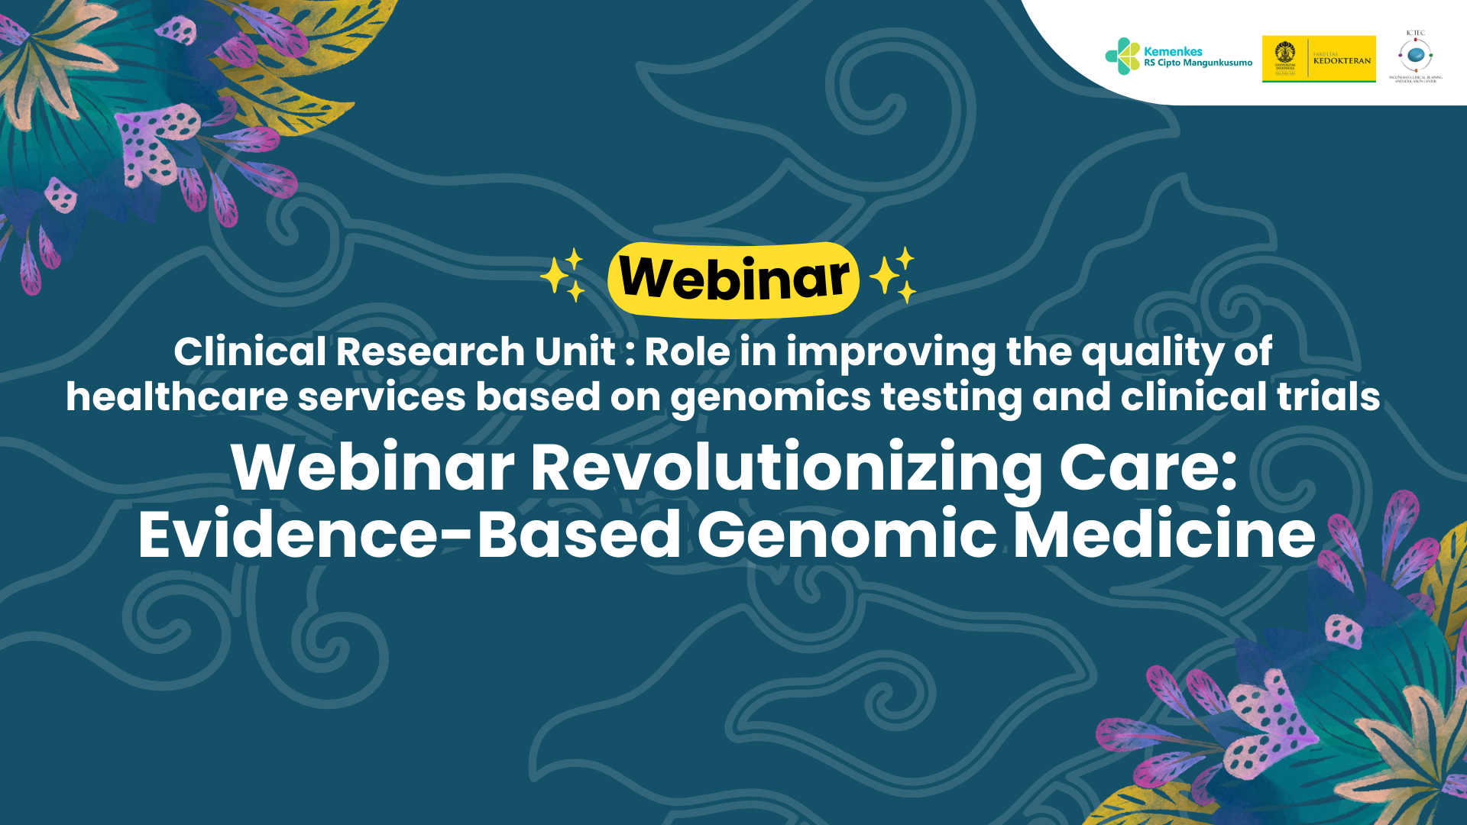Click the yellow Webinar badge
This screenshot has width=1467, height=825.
coord(733,279)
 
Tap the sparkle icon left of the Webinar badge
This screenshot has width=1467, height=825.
coord(563,275)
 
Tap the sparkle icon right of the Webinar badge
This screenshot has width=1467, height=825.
coord(893,275)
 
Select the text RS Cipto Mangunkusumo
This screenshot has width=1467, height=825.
coord(1197,63)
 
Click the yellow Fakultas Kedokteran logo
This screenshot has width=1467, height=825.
coord(1319,59)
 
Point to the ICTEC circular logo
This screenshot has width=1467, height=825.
coord(1415,56)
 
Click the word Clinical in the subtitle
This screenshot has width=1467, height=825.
coord(250,352)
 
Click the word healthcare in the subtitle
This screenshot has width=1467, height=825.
coord(176,397)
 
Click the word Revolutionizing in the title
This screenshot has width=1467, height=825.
coord(786,468)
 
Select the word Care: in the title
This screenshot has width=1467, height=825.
coord(1148,467)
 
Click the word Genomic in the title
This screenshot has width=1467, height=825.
coord(847,535)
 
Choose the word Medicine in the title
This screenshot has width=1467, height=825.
coord(1164,535)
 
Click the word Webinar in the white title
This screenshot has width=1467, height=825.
coord(373,467)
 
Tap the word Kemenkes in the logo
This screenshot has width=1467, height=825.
coord(1173,51)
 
